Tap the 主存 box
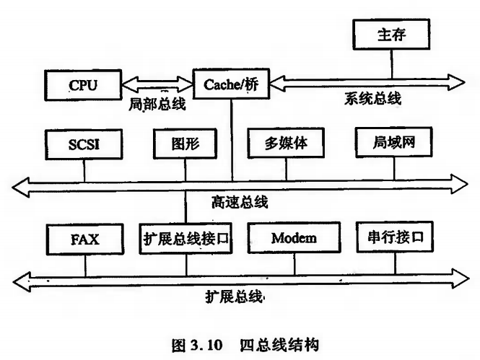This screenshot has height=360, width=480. point(393,33)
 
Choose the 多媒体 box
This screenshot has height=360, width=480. point(287,144)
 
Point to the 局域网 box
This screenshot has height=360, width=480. point(394,143)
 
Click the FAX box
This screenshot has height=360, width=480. point(84,237)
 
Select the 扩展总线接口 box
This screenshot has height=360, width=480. point(186,237)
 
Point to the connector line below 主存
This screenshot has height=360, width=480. point(393,62)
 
